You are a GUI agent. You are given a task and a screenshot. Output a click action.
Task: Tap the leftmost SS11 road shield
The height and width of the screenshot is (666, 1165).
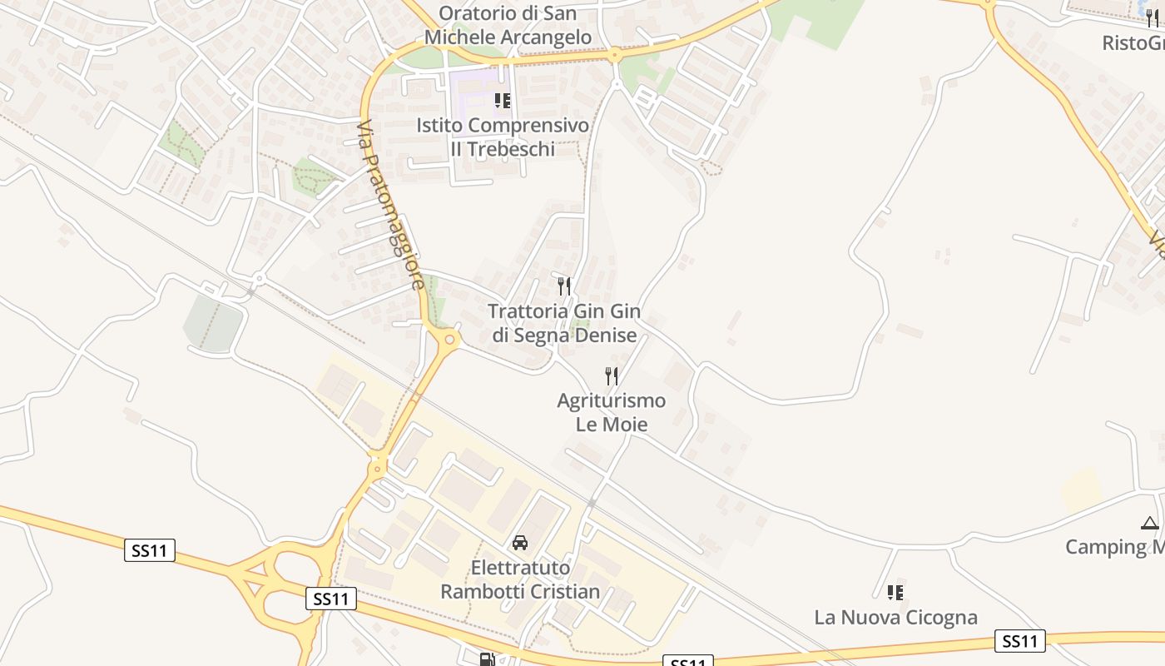pos(150,549)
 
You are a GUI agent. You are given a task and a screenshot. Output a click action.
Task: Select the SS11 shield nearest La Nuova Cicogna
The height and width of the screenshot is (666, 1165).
pos(1020,640)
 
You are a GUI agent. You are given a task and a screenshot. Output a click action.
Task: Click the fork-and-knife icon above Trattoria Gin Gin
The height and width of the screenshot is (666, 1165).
pos(564,286)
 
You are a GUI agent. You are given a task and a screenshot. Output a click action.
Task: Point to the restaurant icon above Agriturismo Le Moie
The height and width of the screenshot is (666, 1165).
pos(612,376)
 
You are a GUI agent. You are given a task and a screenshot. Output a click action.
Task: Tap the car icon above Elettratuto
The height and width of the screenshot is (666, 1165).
pos(520,543)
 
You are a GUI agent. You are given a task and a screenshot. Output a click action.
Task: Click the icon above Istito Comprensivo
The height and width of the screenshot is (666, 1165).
pos(502,101)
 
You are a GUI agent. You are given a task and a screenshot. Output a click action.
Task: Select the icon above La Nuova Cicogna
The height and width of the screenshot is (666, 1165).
pos(895,593)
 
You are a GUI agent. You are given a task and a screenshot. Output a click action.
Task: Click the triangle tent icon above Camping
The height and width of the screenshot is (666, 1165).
pos(1150,523)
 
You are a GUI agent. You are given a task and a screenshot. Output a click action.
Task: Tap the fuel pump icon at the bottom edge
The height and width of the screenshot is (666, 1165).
pos(487,659)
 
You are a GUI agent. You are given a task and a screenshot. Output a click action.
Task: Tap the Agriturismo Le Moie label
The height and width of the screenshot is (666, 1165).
pos(612,412)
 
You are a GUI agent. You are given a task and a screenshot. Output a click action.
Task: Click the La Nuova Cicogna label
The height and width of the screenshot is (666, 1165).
pos(895,618)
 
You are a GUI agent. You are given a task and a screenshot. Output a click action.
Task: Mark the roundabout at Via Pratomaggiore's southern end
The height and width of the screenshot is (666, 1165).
pos(450,338)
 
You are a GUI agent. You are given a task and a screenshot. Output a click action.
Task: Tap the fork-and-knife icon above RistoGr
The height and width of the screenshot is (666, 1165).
pos(1153,18)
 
